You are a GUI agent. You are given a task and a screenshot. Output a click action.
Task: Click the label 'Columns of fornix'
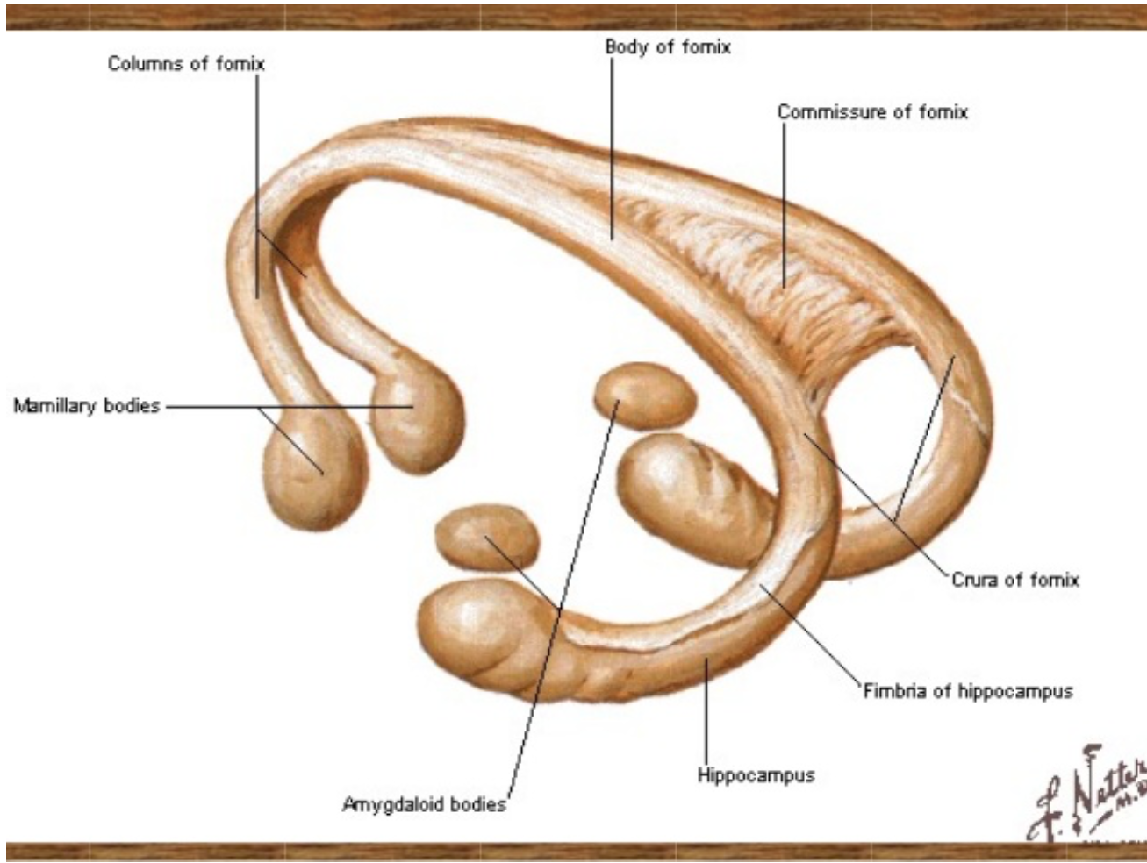186,63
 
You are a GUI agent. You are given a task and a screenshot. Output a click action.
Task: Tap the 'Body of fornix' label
667,47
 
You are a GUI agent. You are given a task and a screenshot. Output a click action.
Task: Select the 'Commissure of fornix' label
872,112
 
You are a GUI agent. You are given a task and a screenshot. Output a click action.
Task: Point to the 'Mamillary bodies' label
87,406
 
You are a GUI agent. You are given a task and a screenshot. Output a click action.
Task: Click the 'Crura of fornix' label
1014,580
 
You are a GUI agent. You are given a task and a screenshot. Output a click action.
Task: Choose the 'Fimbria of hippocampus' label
967,691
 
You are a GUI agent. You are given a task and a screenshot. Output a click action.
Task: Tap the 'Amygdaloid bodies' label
424,804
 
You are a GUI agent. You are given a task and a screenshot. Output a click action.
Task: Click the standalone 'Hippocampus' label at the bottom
756,775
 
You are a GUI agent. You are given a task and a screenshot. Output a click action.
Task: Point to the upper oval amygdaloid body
645,396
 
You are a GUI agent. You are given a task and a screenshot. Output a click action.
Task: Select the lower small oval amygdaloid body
487,535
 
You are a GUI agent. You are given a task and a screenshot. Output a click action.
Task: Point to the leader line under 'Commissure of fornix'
784,202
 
